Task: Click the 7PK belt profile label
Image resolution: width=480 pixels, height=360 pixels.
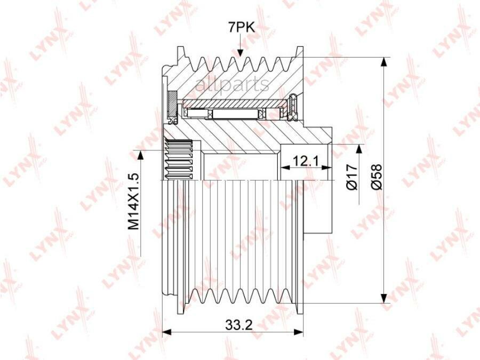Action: pyautogui.click(x=241, y=28)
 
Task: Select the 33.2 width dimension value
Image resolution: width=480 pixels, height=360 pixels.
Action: pyautogui.click(x=239, y=324)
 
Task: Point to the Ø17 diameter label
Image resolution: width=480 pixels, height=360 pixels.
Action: pyautogui.click(x=353, y=177)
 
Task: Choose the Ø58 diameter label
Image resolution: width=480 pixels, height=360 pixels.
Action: pyautogui.click(x=377, y=177)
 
